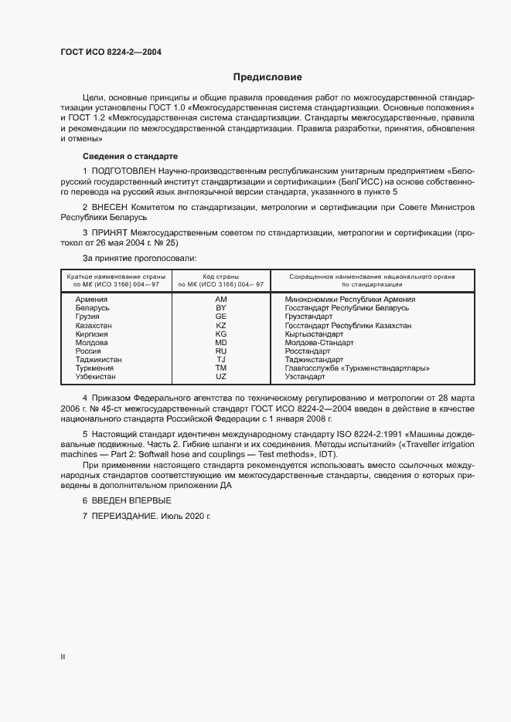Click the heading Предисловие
click(x=268, y=77)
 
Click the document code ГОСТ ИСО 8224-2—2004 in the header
click(x=111, y=53)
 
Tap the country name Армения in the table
click(x=91, y=299)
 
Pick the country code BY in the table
click(x=220, y=307)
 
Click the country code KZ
click(x=220, y=325)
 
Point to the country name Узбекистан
click(x=96, y=377)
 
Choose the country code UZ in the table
click(x=220, y=377)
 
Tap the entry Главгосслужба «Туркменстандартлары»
click(x=356, y=368)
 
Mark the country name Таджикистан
click(x=98, y=359)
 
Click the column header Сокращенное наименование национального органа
click(x=372, y=276)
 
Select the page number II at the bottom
click(x=63, y=656)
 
